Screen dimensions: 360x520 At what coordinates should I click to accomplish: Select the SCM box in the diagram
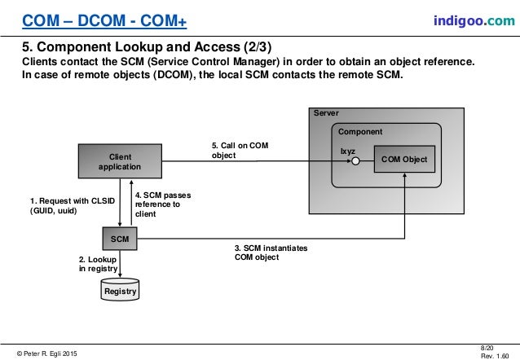pyautogui.click(x=119, y=239)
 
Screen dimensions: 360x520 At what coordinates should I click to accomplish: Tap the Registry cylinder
pyautogui.click(x=119, y=290)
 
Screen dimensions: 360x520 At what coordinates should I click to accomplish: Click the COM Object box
pyautogui.click(x=403, y=160)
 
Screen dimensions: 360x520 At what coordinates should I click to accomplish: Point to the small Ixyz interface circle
pyautogui.click(x=356, y=160)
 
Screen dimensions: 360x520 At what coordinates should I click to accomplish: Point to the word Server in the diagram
pyautogui.click(x=326, y=113)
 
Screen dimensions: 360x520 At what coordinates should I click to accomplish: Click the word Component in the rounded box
pyautogui.click(x=359, y=131)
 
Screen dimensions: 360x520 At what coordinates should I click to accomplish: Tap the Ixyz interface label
pyautogui.click(x=348, y=150)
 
